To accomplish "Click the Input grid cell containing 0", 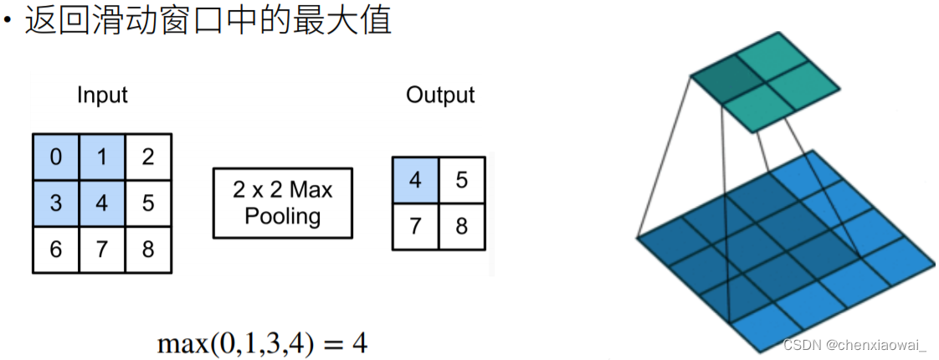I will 56,157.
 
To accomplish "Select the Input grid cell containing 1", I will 102,157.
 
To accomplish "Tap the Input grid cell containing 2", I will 148,157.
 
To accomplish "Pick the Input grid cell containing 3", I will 56,203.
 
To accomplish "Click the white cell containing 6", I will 56,249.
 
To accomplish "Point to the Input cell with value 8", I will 148,249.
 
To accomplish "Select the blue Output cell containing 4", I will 415,181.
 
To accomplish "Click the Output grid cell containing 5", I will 461,181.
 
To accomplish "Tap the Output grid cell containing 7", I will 415,227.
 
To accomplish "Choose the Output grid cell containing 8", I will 461,227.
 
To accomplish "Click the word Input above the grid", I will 102,95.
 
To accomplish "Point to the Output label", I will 440,95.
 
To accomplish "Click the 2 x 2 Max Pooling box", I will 282,203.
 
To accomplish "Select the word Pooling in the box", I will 282,217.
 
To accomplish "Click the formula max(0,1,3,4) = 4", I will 261,342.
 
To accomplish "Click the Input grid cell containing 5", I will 148,203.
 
